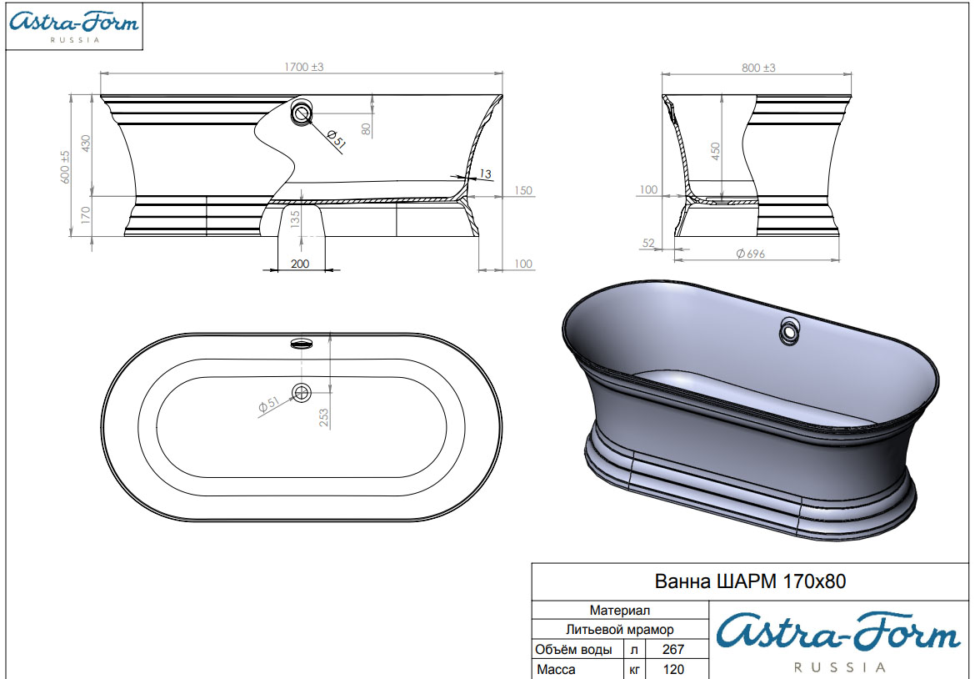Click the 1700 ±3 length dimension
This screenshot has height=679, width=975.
(304, 67)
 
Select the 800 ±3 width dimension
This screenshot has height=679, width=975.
(758, 68)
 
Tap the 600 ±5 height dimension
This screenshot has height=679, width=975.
(65, 166)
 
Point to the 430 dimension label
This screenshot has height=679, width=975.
(86, 143)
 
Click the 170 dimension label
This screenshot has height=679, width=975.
(86, 215)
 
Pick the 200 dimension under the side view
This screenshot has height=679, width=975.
(300, 264)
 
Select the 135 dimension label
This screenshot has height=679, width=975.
(295, 218)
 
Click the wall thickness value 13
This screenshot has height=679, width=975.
(486, 174)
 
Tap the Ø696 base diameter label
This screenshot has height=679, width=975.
(751, 254)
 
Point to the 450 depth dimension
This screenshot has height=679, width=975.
(715, 151)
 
